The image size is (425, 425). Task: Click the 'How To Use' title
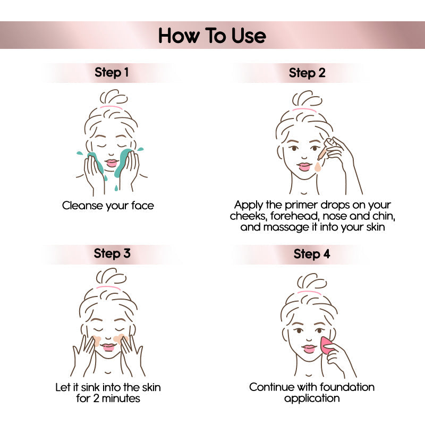coord(212,36)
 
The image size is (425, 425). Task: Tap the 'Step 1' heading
coord(112,73)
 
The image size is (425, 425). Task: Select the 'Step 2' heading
coord(307,73)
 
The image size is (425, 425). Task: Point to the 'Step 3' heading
coord(112,254)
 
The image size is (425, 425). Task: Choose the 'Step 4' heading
coord(312,254)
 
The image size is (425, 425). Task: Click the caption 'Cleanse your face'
coord(108,206)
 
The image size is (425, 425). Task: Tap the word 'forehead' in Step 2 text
coord(295,216)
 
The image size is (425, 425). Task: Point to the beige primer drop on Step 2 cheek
coord(318,167)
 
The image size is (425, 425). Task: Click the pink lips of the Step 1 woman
coord(112,163)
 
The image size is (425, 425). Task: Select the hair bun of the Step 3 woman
coord(111,277)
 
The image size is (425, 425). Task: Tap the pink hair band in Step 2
coord(304,109)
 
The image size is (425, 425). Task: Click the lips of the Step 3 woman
coord(108,347)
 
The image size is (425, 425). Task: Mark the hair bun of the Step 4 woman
coord(312,282)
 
